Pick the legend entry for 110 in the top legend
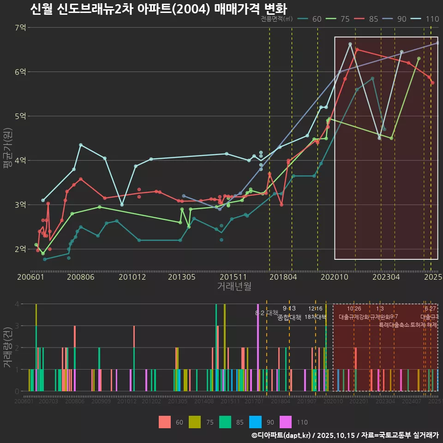pos(425,19)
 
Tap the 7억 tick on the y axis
pos(20,28)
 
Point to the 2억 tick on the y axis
pos(20,249)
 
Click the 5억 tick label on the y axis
pos(20,116)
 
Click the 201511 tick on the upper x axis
pos(232,277)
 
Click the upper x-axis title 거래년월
pos(234,287)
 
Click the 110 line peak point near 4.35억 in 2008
pos(81,145)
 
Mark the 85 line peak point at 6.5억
pos(357,49)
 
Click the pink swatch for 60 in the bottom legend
pos(164,422)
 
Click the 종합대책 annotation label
pos(289,317)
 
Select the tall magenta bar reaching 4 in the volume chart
pos(258,347)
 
